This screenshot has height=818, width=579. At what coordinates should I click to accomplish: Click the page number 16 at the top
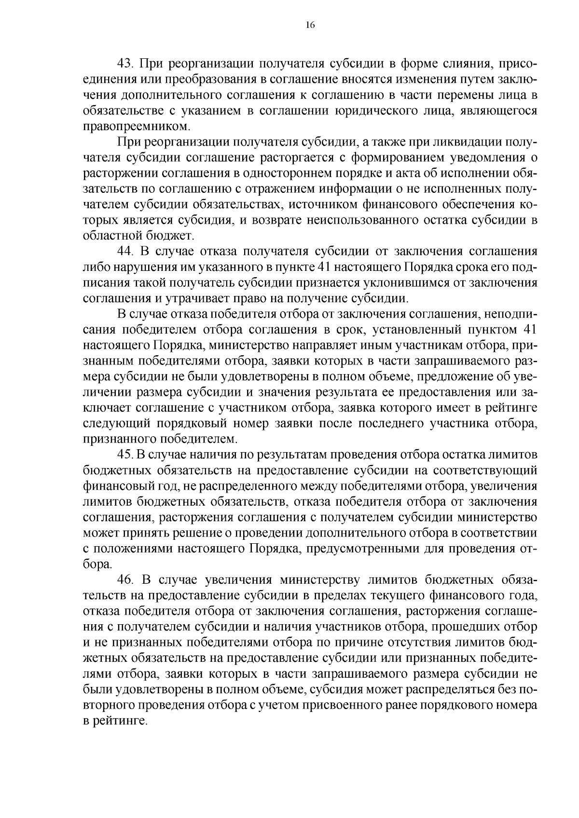click(x=310, y=26)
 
